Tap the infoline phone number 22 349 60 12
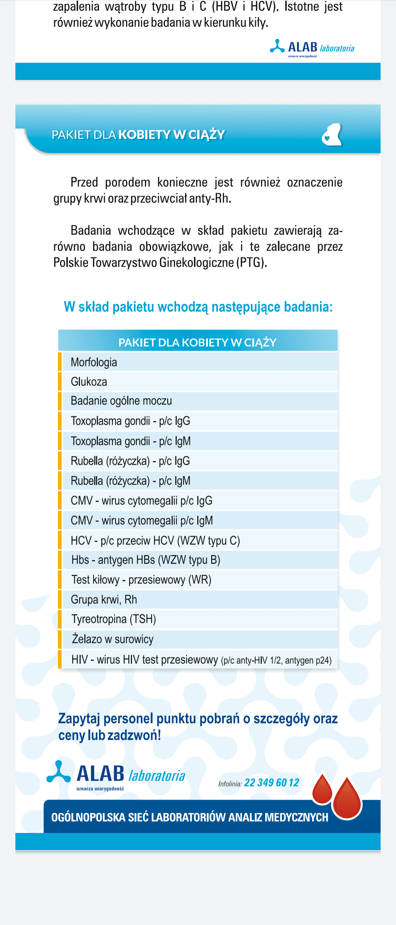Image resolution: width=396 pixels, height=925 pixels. click(271, 783)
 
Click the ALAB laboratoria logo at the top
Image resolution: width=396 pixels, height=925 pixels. click(312, 48)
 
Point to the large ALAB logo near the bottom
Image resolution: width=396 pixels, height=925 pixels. click(116, 775)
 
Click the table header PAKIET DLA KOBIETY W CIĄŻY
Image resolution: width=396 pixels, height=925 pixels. click(197, 342)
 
